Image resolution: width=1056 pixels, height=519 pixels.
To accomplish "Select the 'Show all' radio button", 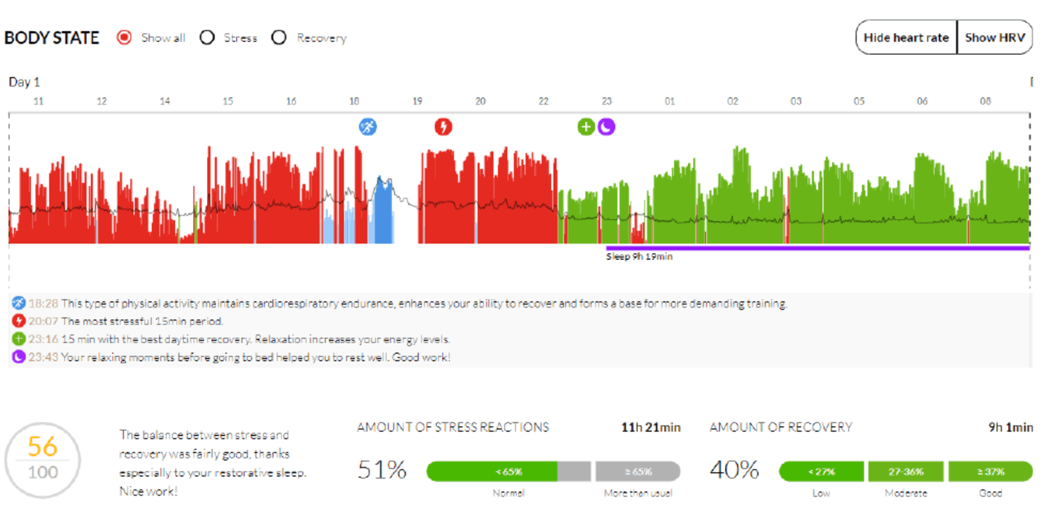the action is point(125,38).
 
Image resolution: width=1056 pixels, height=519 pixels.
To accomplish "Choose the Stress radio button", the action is point(207,38).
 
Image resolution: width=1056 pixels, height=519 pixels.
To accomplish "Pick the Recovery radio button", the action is point(279,38).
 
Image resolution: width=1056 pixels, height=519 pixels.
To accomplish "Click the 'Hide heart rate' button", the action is point(906,37).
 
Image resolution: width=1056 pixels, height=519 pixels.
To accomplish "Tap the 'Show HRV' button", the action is point(995,37).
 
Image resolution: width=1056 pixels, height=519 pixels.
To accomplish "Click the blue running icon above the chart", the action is point(367,127).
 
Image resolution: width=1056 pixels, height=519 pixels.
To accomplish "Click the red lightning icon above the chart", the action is point(443,127).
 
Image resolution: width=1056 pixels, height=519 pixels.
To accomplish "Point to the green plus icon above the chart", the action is point(586,127).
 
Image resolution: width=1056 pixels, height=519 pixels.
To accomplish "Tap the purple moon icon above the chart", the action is point(607,127).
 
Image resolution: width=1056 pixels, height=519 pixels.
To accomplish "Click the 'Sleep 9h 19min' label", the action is point(639,256).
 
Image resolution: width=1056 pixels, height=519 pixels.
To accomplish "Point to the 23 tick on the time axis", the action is point(607,101).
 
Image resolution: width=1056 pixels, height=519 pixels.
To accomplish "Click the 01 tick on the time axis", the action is point(670,101).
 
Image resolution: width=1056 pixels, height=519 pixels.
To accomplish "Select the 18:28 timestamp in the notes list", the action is point(44,303).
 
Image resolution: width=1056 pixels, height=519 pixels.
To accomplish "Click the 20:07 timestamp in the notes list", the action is point(44,321).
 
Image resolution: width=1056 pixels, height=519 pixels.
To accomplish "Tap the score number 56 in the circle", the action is point(42,446).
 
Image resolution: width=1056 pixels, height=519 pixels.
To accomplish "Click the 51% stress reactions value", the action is point(382,470).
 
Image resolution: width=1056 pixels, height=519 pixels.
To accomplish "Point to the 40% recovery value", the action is point(734,470).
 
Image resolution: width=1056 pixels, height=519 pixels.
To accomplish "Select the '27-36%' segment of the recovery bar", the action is point(906,471).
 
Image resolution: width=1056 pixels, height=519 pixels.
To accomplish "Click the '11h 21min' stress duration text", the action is point(651,427).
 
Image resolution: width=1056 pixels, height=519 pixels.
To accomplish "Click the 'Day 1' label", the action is point(25,82).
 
